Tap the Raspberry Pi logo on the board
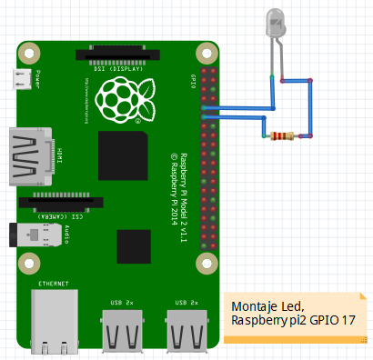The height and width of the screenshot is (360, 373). pos(120,96)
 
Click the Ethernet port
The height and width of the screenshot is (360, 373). pos(52,324)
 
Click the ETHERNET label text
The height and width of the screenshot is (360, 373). pos(53,285)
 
